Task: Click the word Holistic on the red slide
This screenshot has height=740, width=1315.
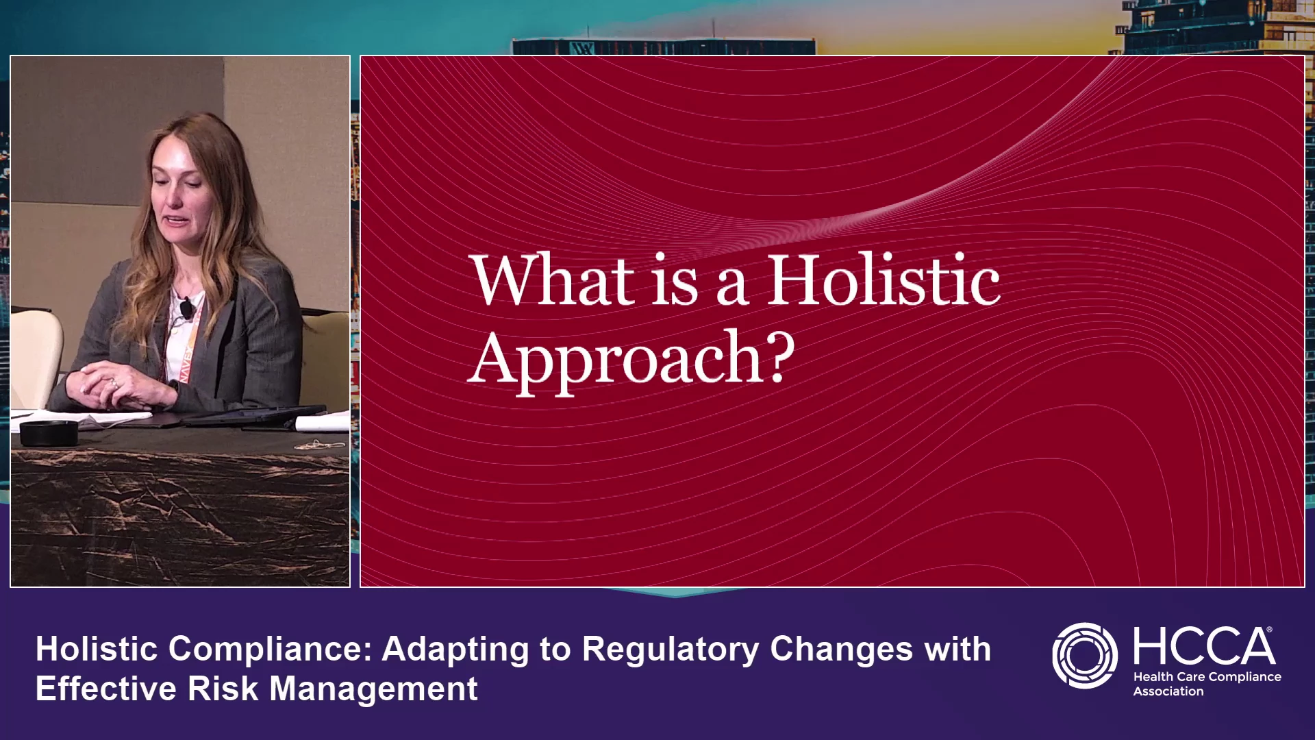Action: (x=884, y=280)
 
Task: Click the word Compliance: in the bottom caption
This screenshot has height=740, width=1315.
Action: (x=270, y=650)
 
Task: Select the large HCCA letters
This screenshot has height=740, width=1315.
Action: (x=1204, y=646)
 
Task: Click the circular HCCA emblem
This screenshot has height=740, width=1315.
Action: (x=1084, y=656)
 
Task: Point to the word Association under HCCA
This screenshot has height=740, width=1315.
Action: (x=1168, y=692)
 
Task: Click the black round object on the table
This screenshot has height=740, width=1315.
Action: (x=49, y=434)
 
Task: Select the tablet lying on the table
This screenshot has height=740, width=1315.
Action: (x=253, y=417)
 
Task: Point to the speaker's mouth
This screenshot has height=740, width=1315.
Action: (x=176, y=221)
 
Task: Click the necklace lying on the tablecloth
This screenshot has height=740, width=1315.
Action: (x=319, y=445)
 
